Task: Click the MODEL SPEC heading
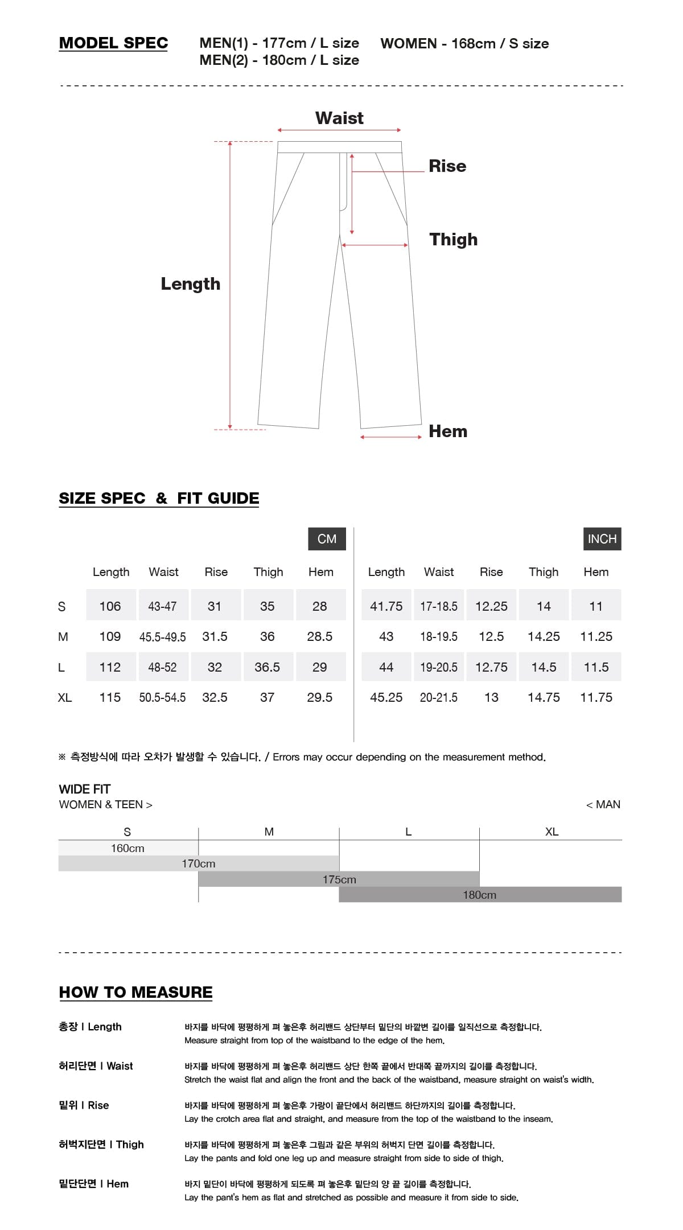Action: pyautogui.click(x=113, y=43)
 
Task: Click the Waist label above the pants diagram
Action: pyautogui.click(x=339, y=118)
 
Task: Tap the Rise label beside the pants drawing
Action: pyautogui.click(x=447, y=166)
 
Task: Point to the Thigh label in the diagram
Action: pyautogui.click(x=453, y=240)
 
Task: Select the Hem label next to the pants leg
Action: pyautogui.click(x=448, y=431)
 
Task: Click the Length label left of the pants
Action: pyautogui.click(x=190, y=284)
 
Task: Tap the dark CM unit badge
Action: pyautogui.click(x=327, y=539)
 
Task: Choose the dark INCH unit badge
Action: pyautogui.click(x=602, y=539)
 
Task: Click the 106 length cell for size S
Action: pyautogui.click(x=110, y=606)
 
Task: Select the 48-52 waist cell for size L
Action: pyautogui.click(x=162, y=667)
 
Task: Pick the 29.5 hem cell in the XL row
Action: pyautogui.click(x=319, y=697)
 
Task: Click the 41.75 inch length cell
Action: pyautogui.click(x=386, y=606)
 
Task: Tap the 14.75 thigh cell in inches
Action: pyautogui.click(x=544, y=697)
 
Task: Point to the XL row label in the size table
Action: pyautogui.click(x=65, y=697)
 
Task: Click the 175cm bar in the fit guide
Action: pyautogui.click(x=339, y=879)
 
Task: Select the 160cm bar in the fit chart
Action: pyautogui.click(x=128, y=848)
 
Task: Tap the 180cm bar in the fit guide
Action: pyautogui.click(x=480, y=895)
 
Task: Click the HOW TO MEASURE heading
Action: pyautogui.click(x=135, y=992)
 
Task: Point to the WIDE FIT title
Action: pyautogui.click(x=85, y=789)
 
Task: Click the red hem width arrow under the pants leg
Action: pyautogui.click(x=390, y=437)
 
